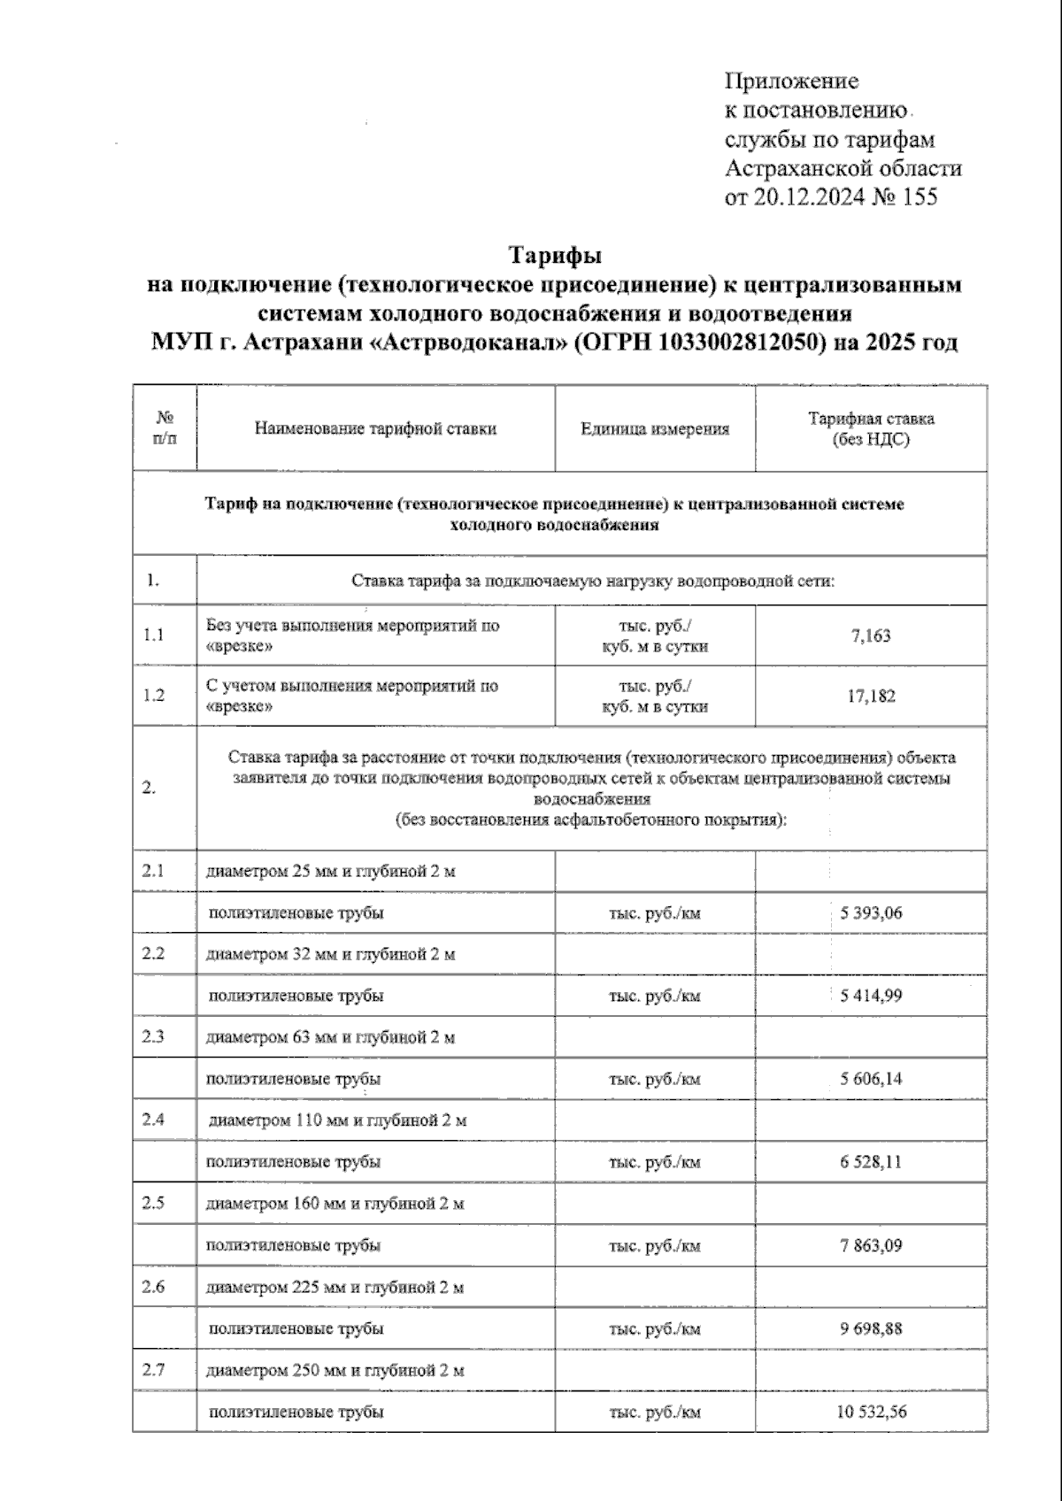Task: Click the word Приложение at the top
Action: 791,81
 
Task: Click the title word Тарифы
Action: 554,255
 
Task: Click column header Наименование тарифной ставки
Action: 375,429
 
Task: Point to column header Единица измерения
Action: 655,429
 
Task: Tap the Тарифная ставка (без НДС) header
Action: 871,428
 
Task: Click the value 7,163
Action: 871,635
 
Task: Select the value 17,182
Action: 871,696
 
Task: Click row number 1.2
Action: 154,696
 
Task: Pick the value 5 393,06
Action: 871,912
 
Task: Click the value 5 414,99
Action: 871,996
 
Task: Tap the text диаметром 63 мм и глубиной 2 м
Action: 330,1037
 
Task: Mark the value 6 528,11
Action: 871,1161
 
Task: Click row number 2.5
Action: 153,1203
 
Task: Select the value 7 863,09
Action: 871,1245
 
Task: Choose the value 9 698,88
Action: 871,1328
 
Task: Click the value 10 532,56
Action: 871,1412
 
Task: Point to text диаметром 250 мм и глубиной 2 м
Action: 335,1371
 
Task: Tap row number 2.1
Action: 153,870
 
